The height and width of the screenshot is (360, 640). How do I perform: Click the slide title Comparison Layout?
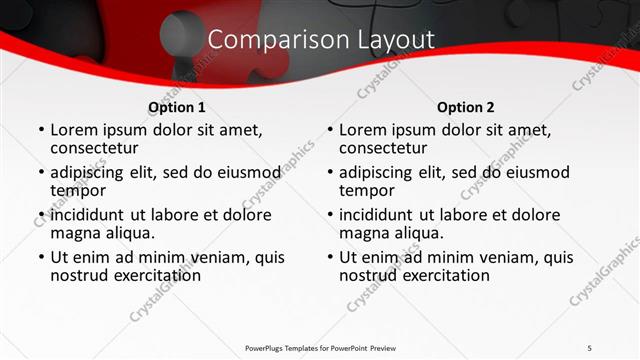click(x=321, y=40)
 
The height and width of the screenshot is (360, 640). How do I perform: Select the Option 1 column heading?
click(x=177, y=107)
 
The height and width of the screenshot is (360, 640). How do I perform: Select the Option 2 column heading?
click(x=466, y=107)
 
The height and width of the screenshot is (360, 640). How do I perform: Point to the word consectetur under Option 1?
click(x=97, y=148)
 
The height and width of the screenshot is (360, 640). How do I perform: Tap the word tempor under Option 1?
click(x=77, y=190)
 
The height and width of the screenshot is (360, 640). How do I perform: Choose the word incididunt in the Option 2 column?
click(x=380, y=215)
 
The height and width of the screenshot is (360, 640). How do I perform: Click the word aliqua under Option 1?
click(x=126, y=233)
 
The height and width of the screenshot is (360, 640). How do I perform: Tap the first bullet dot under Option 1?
click(x=40, y=130)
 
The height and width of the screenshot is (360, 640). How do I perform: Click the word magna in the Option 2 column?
click(x=363, y=233)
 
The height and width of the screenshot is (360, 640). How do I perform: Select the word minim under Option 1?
click(x=174, y=257)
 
